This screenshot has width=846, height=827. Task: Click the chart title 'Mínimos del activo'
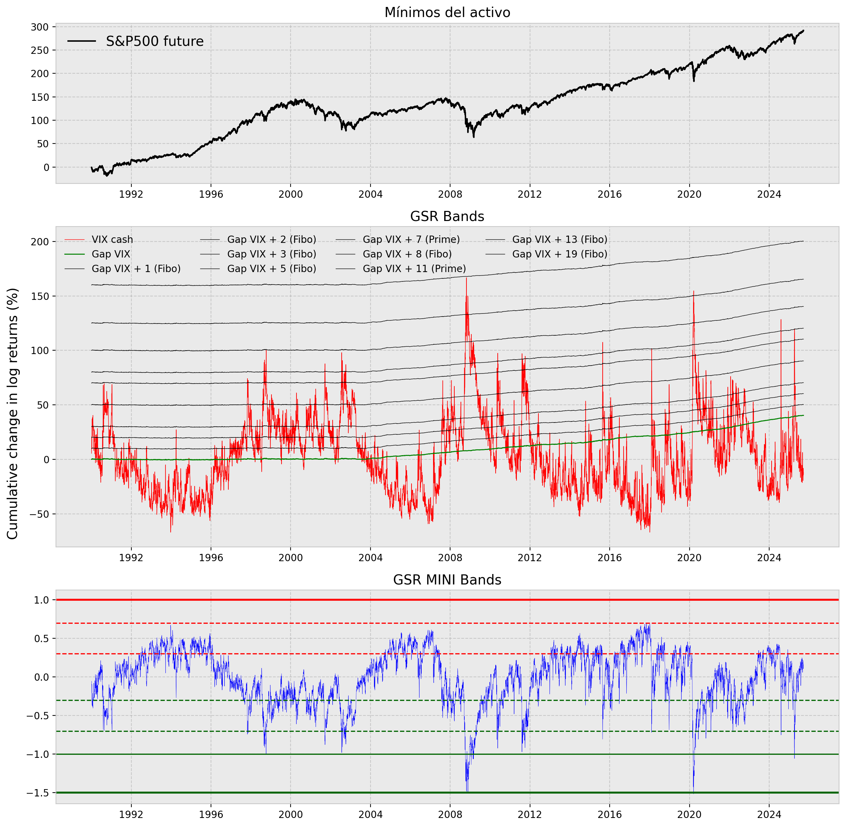pos(447,13)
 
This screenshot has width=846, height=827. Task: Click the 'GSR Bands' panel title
pos(447,216)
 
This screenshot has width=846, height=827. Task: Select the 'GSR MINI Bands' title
pos(447,580)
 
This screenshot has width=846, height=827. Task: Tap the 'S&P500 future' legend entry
pos(155,41)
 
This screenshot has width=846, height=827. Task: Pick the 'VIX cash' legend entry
pos(112,239)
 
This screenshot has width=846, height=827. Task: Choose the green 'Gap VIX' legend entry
pos(111,254)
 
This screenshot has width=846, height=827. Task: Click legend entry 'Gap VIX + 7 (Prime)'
pos(411,239)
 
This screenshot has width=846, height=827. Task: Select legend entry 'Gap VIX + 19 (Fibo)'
pos(560,254)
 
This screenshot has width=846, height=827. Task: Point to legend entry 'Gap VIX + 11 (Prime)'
pos(414,269)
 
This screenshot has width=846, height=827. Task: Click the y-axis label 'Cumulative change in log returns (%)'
pos(13,413)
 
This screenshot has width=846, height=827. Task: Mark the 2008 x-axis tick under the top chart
pos(450,194)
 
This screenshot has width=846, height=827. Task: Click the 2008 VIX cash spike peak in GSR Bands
pos(466,278)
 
